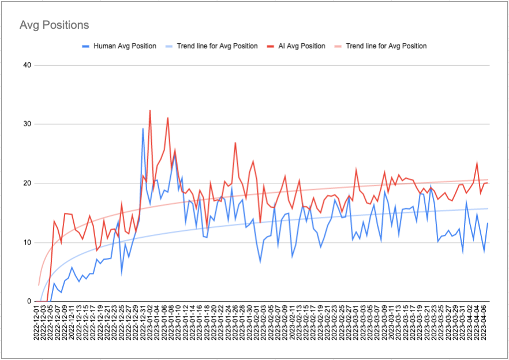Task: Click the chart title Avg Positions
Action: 54,25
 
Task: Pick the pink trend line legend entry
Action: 386,46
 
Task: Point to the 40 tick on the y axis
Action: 27,65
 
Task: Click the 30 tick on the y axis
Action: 27,124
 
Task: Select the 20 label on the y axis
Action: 27,183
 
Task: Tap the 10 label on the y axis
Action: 27,242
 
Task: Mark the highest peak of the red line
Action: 150,110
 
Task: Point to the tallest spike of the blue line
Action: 143,129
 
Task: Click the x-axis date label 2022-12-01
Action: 36,325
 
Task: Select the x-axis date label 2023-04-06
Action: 487,325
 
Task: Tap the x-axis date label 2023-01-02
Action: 150,325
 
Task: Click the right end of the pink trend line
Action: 488,179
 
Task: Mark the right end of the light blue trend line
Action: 488,208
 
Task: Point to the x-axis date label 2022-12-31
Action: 143,325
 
